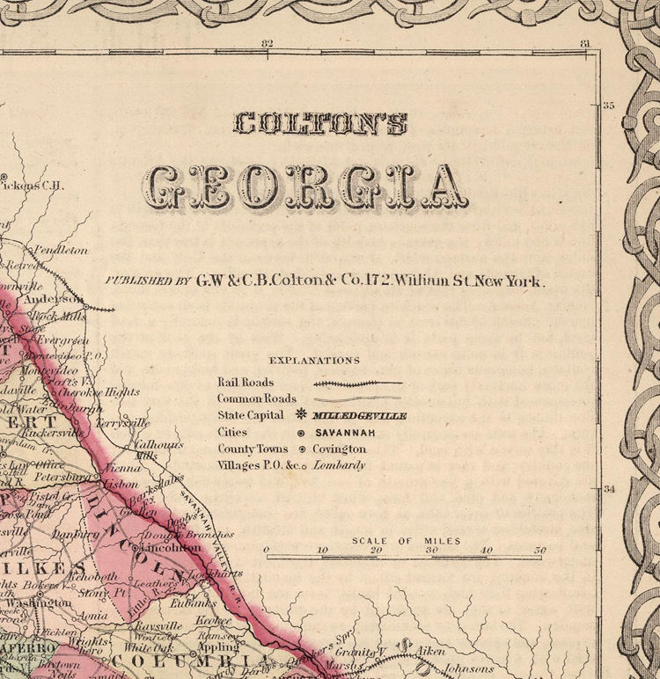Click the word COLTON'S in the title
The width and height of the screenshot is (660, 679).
click(319, 123)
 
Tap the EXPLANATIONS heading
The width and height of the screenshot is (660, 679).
click(314, 360)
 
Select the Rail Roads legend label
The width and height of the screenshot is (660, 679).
click(246, 383)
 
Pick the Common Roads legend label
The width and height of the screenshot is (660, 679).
click(257, 398)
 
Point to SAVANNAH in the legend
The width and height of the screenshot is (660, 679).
click(345, 433)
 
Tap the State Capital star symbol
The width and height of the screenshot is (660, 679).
click(301, 415)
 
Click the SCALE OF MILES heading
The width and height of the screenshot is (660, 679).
click(406, 541)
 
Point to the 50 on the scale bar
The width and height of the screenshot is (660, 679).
click(539, 551)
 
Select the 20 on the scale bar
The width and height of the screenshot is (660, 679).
click(376, 551)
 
